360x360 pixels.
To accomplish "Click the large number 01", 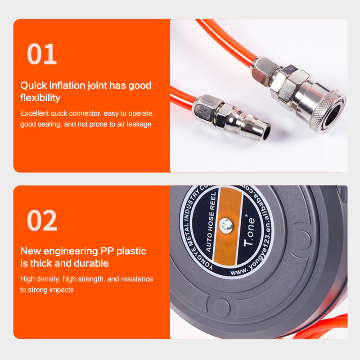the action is pyautogui.click(x=42, y=54).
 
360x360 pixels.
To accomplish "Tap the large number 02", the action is pyautogui.click(x=42, y=220).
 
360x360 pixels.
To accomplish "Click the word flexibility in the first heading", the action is pyautogui.click(x=40, y=98).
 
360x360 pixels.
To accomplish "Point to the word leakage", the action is pyautogui.click(x=139, y=124).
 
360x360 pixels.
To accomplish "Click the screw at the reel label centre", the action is pyautogui.click(x=226, y=225).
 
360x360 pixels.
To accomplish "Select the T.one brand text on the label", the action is pyautogui.click(x=249, y=231).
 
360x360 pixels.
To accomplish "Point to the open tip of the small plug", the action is pyautogui.click(x=267, y=132).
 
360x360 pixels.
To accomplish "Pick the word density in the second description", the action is pyautogui.click(x=48, y=279).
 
